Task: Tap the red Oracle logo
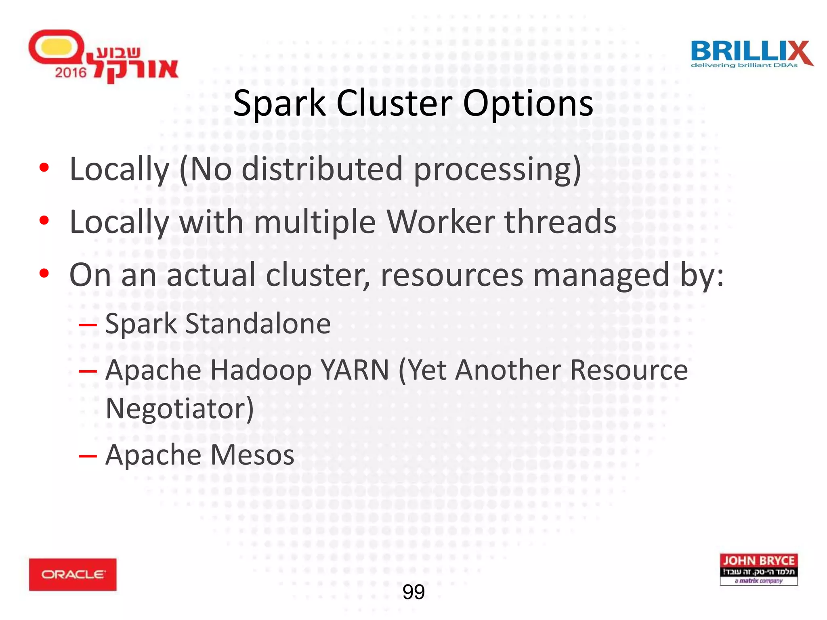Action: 73,574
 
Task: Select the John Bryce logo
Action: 758,569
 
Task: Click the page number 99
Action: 413,592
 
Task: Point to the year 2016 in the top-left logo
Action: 71,73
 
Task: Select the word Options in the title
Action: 528,104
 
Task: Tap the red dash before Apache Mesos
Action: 88,456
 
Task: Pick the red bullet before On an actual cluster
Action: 44,273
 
